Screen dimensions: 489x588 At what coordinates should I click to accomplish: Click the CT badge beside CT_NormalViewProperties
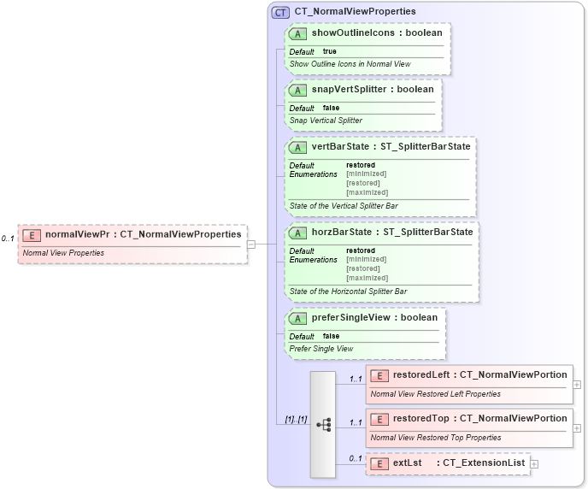280,12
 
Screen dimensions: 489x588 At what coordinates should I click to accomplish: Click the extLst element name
408,462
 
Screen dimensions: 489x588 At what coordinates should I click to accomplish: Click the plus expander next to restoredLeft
578,384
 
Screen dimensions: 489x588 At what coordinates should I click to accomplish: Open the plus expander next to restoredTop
578,427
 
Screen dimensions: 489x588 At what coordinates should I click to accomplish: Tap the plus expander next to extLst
534,463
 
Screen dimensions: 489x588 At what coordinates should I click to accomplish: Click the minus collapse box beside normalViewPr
251,244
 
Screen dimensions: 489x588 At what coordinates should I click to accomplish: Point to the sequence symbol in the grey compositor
323,423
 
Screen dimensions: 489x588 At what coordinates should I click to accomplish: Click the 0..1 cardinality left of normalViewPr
8,239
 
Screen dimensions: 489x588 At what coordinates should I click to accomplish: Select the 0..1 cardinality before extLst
356,459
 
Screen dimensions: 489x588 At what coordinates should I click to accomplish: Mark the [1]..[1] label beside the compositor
296,419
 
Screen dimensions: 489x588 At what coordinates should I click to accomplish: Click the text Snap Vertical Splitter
326,121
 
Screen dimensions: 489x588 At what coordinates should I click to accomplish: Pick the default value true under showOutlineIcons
329,51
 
